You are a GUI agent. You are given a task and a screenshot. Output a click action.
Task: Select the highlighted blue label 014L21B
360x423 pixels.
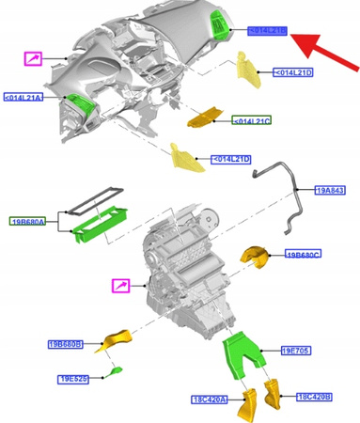tap(267, 30)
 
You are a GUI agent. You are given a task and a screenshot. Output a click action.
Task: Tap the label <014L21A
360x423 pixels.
tap(23, 97)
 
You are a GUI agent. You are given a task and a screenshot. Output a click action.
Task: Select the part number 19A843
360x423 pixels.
tap(331, 191)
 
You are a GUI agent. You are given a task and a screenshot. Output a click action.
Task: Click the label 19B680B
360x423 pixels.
tap(66, 344)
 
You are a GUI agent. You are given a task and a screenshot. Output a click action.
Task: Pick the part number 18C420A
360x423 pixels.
tap(209, 399)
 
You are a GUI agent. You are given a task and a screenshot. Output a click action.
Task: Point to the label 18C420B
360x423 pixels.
tap(314, 397)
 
